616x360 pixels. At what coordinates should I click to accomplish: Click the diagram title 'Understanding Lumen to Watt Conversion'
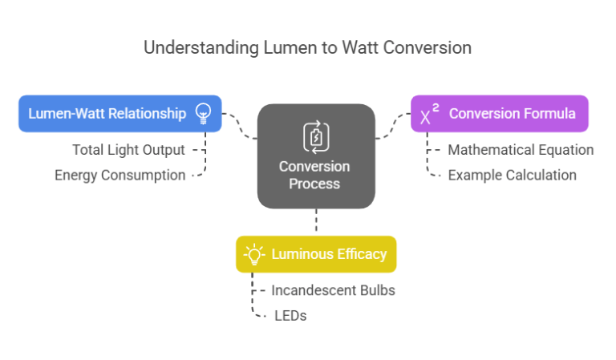coord(307,47)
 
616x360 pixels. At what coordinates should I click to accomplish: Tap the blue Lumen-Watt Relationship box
coord(120,113)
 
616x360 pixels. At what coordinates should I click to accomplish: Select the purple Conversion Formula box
coord(499,113)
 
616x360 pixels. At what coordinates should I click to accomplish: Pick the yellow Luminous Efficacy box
coord(316,254)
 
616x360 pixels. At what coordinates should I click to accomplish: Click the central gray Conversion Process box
coord(316,156)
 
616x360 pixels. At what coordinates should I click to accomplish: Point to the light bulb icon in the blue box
coord(203,113)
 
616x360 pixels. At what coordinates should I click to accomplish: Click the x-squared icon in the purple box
coord(429,114)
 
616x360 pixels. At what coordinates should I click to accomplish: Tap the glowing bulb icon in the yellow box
coord(254,255)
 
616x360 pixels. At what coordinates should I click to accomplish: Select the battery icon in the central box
coord(315,136)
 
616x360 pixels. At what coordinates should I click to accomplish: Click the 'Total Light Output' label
coord(128,150)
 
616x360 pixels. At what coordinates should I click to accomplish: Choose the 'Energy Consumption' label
coord(120,175)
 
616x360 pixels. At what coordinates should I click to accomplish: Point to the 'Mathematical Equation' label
coord(520,150)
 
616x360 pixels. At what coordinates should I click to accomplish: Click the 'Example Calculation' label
coord(512,175)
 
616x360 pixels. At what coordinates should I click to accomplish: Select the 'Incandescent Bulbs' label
coord(333,290)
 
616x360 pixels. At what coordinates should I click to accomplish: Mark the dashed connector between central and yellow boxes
coord(316,222)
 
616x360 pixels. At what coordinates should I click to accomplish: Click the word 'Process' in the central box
coord(316,184)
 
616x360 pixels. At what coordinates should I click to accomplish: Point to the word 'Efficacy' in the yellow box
coord(359,254)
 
